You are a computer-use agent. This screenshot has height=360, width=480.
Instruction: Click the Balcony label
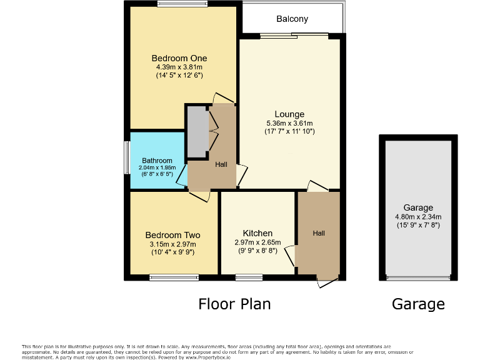point(293,19)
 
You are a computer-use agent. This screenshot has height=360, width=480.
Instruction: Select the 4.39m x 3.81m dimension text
point(179,67)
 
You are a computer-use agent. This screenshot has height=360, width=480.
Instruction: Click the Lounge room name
point(289,114)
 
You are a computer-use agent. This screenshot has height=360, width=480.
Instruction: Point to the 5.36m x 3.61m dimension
point(289,123)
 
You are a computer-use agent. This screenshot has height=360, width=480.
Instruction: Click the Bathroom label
point(156,161)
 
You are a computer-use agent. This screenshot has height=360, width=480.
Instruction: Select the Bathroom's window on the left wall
point(126,159)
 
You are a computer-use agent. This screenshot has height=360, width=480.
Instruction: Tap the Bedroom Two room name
point(172,236)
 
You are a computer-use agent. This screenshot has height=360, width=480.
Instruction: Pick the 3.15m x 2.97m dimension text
point(172,244)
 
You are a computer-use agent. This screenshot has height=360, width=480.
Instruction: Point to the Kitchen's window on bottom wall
point(249,276)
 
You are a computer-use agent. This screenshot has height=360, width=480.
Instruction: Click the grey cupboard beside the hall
point(197,132)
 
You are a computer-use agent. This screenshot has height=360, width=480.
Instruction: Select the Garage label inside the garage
point(418,208)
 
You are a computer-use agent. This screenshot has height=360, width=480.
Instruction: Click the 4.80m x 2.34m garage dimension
point(418,217)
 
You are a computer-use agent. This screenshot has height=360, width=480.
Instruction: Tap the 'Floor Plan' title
point(234,304)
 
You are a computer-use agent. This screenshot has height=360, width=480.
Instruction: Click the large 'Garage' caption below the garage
point(418,304)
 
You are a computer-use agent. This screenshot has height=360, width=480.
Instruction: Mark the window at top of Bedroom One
point(182,4)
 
